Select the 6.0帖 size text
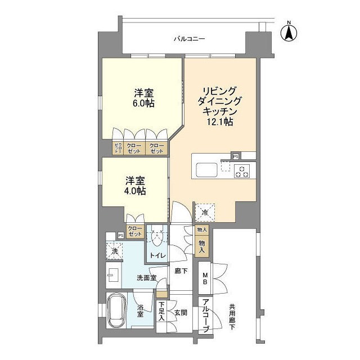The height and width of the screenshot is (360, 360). [x=145, y=103]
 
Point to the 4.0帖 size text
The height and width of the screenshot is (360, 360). [x=135, y=191]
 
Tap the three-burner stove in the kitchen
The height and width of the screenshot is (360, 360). [x=242, y=170]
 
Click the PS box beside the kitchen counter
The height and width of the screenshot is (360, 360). [x=236, y=156]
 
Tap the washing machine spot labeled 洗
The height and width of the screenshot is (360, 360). [x=114, y=251]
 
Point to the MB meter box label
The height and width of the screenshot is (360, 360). [x=205, y=279]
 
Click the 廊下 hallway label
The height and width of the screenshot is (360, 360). [x=180, y=271]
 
